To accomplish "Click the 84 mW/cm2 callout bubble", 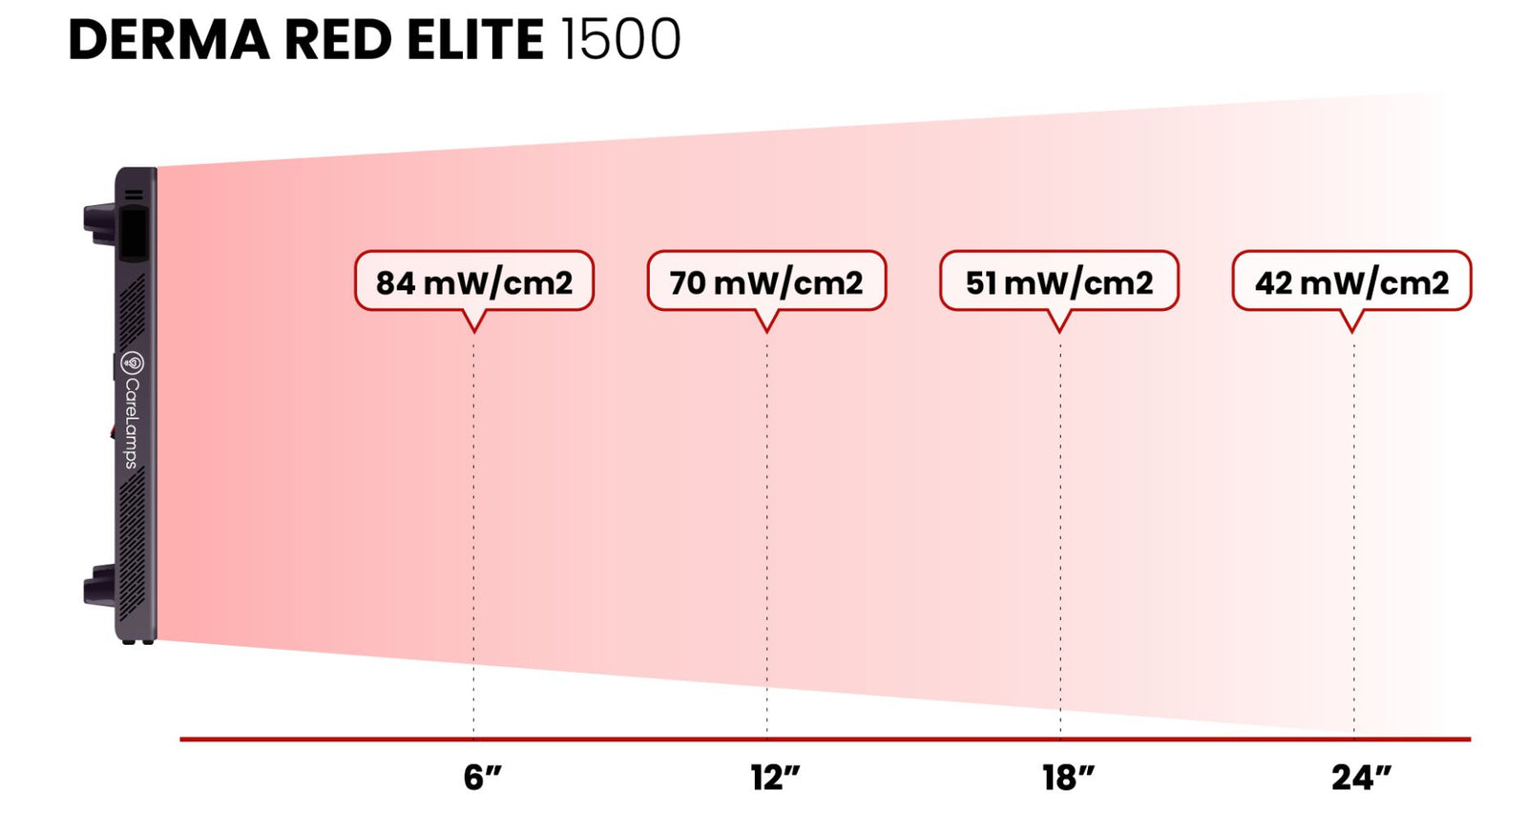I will pos(473,281).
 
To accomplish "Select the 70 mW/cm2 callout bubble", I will pos(766,281).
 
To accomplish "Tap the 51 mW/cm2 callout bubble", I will pos(1058,281).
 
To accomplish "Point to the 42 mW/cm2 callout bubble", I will pos(1351,281).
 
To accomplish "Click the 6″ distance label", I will pos(482,778).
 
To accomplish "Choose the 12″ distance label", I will pos(775,778).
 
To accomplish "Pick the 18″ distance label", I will pos(1068,778).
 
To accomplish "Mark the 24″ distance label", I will pos(1361,778).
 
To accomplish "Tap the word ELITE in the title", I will pos(474,40).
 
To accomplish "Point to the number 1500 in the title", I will pos(620,40).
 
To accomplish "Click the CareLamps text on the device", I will pos(132,423).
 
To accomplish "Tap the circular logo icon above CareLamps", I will pos(133,363).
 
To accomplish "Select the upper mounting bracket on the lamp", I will pos(99,222).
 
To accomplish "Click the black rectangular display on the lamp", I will pos(134,233).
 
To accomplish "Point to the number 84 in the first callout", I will pos(395,282).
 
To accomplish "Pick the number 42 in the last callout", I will pos(1274,282).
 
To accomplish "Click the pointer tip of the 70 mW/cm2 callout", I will pos(766,330).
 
